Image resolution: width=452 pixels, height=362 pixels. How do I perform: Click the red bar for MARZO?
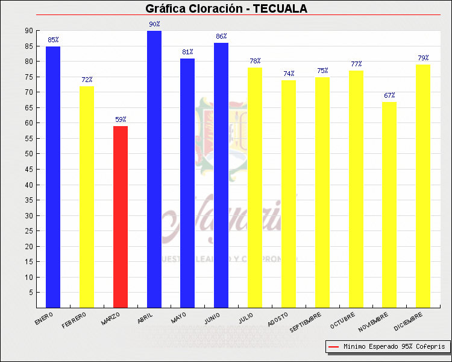click(x=121, y=217)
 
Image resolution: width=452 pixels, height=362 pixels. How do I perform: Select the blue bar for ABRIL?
click(x=154, y=169)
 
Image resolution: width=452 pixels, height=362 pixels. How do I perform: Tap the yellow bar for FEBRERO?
click(x=87, y=197)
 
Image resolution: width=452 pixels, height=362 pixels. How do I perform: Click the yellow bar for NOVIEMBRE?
click(x=389, y=205)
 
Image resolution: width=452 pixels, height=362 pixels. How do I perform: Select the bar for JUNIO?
click(x=221, y=175)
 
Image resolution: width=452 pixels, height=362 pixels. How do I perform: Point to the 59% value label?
click(x=121, y=119)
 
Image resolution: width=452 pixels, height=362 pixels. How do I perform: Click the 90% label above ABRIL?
click(x=154, y=24)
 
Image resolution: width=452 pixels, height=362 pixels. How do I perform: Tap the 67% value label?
click(x=389, y=95)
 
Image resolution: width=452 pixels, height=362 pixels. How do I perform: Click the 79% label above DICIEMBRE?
click(x=423, y=58)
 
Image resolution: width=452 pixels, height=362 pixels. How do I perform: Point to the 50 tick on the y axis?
click(x=29, y=154)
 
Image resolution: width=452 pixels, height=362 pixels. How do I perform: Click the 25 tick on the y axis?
click(x=29, y=231)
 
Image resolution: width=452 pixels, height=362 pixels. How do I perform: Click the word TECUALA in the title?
click(x=280, y=8)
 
